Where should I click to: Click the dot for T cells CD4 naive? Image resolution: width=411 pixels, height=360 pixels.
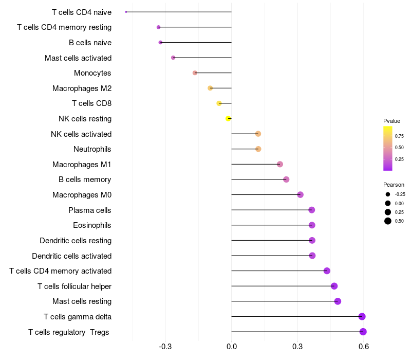click(x=126, y=12)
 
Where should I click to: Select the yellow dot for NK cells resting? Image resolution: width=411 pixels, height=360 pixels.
click(x=229, y=119)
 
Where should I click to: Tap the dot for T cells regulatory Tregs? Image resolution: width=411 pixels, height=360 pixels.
click(x=363, y=332)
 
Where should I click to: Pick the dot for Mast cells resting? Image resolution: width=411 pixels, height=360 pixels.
click(x=338, y=301)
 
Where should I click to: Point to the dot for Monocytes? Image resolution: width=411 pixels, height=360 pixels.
click(x=195, y=73)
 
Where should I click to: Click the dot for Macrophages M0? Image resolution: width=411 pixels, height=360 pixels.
click(x=301, y=195)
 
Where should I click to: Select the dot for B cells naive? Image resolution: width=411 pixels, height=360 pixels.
click(x=160, y=43)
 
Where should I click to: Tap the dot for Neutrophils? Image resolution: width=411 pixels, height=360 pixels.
click(x=258, y=149)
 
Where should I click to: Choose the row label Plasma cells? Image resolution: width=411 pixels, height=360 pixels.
click(x=90, y=210)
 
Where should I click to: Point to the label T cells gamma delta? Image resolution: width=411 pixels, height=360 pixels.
click(x=78, y=317)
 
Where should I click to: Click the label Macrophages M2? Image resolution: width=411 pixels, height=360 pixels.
click(x=82, y=88)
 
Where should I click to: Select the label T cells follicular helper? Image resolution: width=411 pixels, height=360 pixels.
click(x=74, y=286)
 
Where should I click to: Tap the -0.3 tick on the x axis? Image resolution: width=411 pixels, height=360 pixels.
click(x=165, y=347)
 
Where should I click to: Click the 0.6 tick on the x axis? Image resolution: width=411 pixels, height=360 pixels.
click(x=364, y=347)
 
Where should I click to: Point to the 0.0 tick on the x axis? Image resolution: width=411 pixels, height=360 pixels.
click(x=232, y=347)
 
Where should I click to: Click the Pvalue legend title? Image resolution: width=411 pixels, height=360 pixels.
click(x=391, y=121)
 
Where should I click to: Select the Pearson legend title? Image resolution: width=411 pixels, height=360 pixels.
click(x=394, y=185)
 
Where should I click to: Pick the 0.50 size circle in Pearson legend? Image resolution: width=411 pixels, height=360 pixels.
click(x=387, y=221)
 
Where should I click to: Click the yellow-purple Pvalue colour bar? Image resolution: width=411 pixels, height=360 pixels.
click(x=388, y=148)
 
